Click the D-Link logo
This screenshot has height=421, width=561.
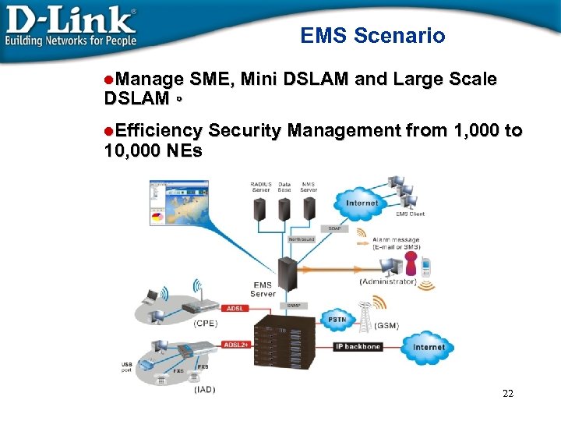point(71,26)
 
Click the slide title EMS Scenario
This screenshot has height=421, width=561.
point(372,35)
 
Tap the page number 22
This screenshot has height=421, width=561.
point(508,393)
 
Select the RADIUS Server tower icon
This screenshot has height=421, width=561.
point(260,208)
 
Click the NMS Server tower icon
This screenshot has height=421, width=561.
point(309,208)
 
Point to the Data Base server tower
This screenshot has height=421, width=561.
point(284,208)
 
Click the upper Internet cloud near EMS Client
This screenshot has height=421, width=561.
point(362,203)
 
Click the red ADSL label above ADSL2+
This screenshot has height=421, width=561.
point(235,309)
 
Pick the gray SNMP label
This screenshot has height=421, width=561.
point(295,306)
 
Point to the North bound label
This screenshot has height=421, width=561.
point(302,239)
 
